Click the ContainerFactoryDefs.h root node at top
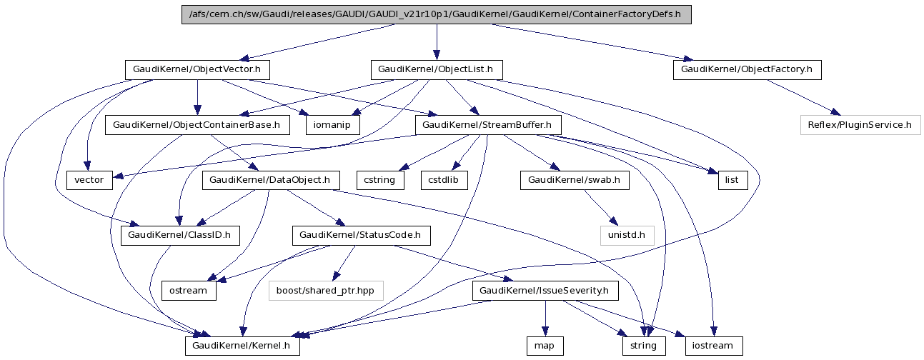pos(437,14)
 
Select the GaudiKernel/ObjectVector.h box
pos(197,70)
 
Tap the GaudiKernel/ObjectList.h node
pos(436,70)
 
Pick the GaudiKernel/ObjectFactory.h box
pos(747,70)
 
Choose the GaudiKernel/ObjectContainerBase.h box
pos(197,125)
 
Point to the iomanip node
pos(333,125)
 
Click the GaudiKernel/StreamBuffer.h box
pos(487,125)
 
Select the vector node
pos(89,180)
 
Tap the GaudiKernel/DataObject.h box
pos(271,180)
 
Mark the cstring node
pos(379,180)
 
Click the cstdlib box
pos(444,180)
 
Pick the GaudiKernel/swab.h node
pos(575,180)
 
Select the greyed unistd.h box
pos(627,235)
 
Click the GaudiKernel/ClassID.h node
pos(180,235)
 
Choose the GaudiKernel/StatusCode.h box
pos(361,235)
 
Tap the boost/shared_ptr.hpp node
pos(326,291)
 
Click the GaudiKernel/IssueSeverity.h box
pos(545,291)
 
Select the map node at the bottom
pos(545,346)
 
